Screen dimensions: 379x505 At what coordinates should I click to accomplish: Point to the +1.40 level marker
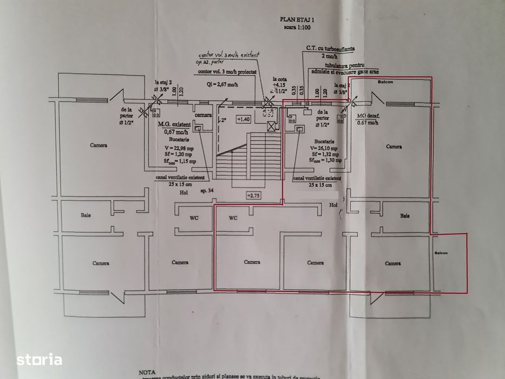(x=244, y=119)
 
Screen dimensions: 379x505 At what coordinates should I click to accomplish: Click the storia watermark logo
(x=38, y=359)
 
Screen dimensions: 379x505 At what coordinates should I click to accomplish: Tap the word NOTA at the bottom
(x=147, y=373)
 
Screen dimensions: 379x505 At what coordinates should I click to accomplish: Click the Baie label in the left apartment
(x=86, y=215)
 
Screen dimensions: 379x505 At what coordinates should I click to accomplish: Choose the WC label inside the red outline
(x=233, y=219)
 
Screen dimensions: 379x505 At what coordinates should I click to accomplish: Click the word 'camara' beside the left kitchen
(x=203, y=115)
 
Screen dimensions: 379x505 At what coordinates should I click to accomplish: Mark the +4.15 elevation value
(x=279, y=85)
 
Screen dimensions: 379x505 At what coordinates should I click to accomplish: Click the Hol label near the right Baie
(x=333, y=205)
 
